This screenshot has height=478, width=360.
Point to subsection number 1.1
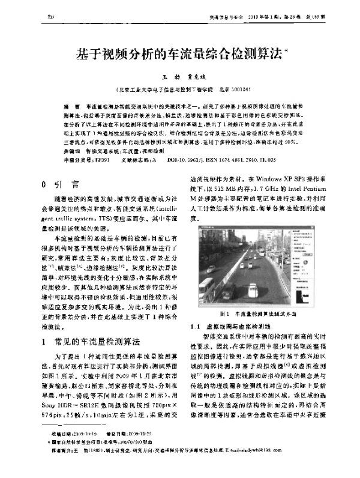point(197,326)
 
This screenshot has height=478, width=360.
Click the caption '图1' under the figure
point(226,314)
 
